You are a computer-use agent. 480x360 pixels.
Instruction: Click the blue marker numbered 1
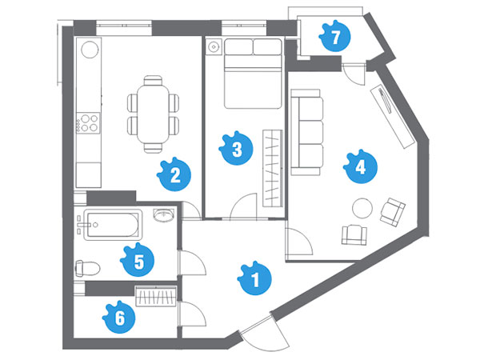pos(254,278)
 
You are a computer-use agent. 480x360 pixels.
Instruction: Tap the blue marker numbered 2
pos(174,174)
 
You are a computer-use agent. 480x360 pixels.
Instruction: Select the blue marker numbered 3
pos(236,148)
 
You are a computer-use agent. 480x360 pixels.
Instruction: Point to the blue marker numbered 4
pos(360,167)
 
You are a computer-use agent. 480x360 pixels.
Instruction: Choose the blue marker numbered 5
pos(138,260)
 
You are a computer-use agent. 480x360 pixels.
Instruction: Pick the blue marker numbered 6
pos(119,317)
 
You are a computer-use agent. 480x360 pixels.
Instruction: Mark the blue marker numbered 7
pos(334,36)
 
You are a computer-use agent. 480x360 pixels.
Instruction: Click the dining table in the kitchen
pos(153,114)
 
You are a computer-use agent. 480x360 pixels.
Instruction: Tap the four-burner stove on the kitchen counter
pos(88,122)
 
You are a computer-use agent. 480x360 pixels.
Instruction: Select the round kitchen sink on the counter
pos(90,49)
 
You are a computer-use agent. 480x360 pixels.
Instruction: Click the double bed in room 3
pos(253,74)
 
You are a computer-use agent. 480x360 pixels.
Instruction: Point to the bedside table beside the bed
pos(214,47)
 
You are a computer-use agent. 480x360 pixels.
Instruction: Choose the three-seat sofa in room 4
pos(306,132)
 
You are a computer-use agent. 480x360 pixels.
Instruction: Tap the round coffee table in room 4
pos(362,208)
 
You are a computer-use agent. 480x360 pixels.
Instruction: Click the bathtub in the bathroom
pos(113,225)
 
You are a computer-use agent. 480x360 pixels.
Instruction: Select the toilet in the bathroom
pos(87,269)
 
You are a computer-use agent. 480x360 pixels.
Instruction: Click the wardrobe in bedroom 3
pos(273,168)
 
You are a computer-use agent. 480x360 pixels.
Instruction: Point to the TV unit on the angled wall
pos(392,116)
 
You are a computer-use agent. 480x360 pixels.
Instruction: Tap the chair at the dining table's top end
pos(153,80)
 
